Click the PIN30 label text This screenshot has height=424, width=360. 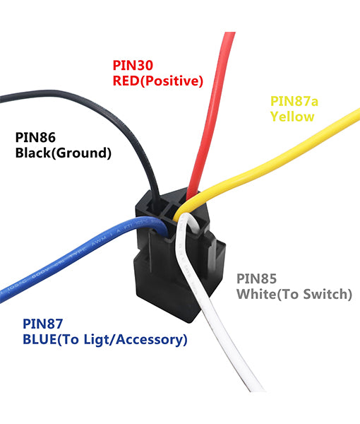(x=133, y=65)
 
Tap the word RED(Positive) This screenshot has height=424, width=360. (x=157, y=81)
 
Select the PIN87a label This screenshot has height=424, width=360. (x=294, y=101)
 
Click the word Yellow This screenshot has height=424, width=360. (x=292, y=117)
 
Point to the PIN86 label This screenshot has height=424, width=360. (x=35, y=137)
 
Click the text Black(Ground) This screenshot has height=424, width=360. (x=64, y=153)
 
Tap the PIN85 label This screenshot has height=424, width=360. (x=256, y=279)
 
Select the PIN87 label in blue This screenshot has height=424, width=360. (x=42, y=324)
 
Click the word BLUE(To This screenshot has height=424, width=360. (x=52, y=340)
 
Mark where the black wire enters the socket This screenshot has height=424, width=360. (x=156, y=201)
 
